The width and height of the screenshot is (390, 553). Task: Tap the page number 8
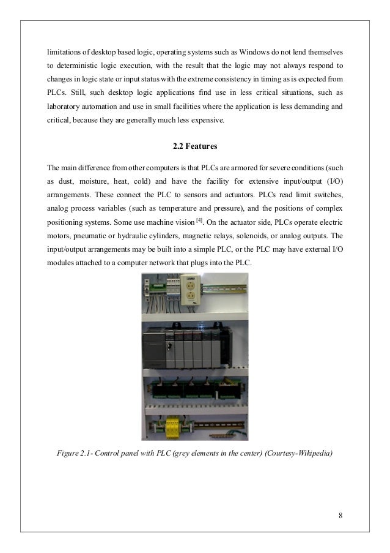(x=340, y=514)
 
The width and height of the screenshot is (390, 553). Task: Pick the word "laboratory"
(x=65, y=106)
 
